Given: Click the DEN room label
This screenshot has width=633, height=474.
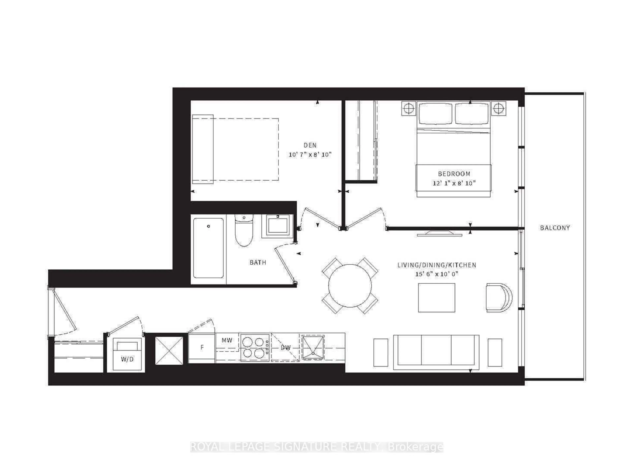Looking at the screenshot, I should point(310,145).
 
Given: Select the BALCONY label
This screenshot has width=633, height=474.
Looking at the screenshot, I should point(555,228).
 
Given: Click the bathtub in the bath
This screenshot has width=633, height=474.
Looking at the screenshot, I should point(208,248).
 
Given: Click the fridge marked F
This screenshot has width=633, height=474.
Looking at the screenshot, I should point(202,348).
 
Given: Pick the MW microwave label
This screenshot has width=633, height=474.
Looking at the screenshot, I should point(227,340).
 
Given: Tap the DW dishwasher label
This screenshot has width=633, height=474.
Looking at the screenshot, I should point(285,348).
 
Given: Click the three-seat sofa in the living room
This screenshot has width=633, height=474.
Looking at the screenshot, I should point(436,352).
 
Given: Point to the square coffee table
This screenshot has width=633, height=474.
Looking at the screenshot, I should point(436,298).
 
